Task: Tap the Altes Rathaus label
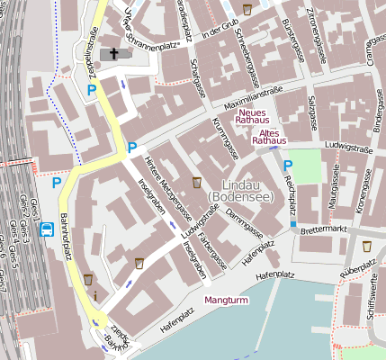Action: (x=269, y=136)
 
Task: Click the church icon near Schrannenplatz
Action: (x=113, y=54)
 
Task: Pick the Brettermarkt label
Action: (x=326, y=230)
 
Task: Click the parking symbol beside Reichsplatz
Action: (x=288, y=165)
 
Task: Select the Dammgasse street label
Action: (x=243, y=220)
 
